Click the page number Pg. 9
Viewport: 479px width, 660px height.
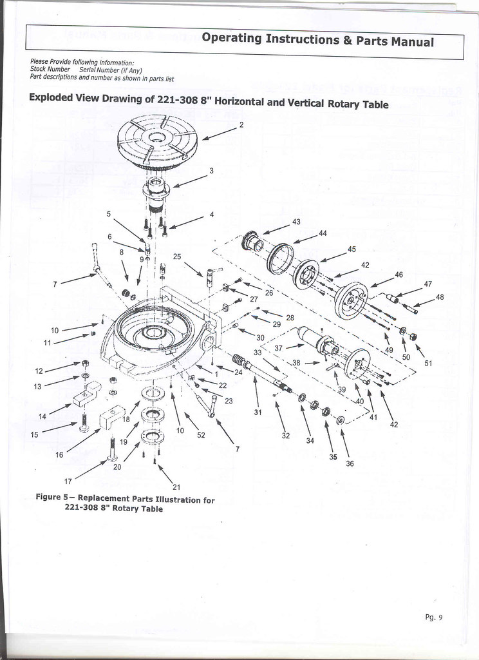(x=433, y=617)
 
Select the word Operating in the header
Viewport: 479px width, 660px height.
(x=231, y=39)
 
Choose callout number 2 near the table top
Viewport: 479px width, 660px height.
(x=241, y=124)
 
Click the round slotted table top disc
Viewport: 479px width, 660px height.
(x=158, y=141)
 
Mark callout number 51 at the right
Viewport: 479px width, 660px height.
(x=428, y=363)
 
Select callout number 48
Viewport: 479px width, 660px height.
(x=440, y=297)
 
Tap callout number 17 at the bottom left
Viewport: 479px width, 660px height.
(x=68, y=480)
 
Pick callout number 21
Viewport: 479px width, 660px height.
(x=176, y=487)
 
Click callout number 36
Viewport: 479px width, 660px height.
(x=350, y=463)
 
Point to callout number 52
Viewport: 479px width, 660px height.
(x=201, y=435)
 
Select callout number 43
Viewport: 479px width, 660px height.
(x=296, y=222)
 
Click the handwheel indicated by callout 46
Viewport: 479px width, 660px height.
(x=352, y=300)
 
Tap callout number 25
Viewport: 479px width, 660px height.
(x=177, y=256)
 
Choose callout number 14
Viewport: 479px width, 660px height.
(x=42, y=416)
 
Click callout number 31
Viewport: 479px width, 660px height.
(x=257, y=412)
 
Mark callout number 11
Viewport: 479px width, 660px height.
(x=47, y=343)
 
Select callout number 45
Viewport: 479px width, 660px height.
(x=352, y=249)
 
